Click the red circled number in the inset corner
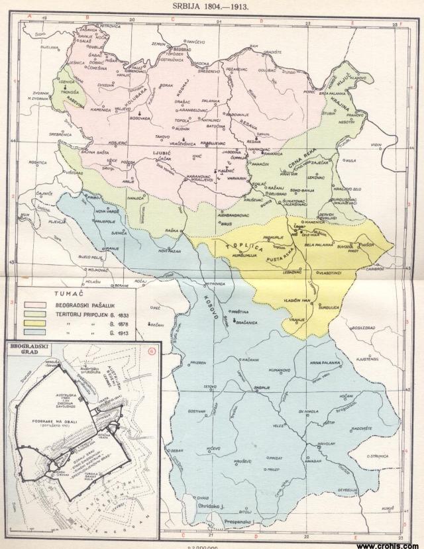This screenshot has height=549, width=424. click(x=150, y=350)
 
